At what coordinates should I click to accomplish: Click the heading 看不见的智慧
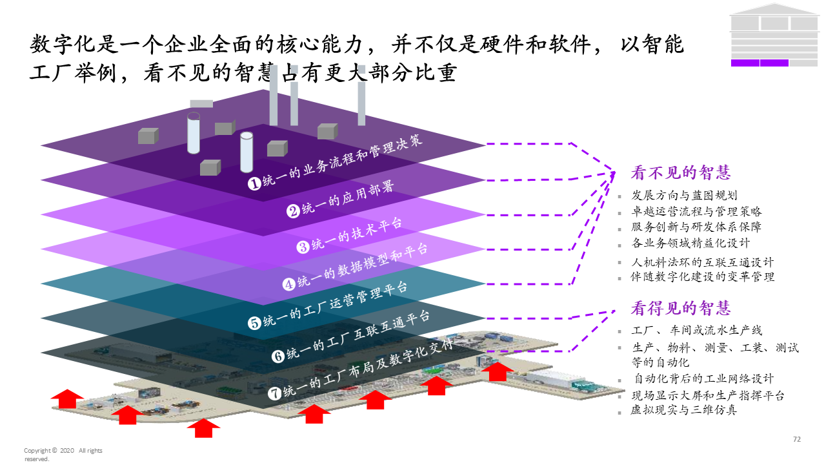click(x=680, y=173)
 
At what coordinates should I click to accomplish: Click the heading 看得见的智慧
click(x=680, y=308)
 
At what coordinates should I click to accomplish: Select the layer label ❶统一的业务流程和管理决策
click(x=336, y=161)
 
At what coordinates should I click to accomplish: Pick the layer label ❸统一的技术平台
click(x=349, y=235)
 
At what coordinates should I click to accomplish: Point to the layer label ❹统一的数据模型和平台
click(x=356, y=265)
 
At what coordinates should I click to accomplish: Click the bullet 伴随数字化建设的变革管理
click(x=703, y=277)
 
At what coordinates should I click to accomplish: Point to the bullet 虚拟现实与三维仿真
click(x=684, y=410)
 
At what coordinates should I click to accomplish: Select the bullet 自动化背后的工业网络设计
click(x=703, y=379)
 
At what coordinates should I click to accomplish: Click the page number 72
click(x=796, y=439)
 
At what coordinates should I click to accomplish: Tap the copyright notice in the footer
click(x=63, y=454)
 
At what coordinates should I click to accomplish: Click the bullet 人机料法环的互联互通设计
click(x=703, y=262)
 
